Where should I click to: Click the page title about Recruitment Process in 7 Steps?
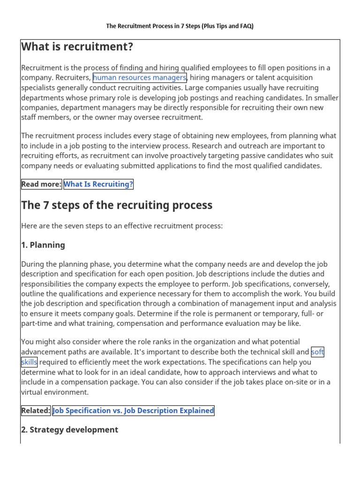[x=180, y=26]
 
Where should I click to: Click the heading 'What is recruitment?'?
[x=77, y=47]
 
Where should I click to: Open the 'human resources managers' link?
[x=140, y=78]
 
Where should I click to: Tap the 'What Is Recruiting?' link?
[x=98, y=184]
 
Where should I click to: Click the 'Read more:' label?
[x=41, y=184]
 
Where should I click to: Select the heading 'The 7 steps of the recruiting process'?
[x=117, y=205]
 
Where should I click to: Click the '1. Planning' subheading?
[x=43, y=245]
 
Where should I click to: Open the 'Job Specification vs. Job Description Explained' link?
[x=133, y=411]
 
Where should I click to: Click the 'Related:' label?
[x=36, y=411]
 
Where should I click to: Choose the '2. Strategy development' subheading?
[x=69, y=430]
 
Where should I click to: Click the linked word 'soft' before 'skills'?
[x=317, y=352]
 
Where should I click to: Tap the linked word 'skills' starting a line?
[x=29, y=362]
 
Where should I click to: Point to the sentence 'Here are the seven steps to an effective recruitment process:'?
[x=122, y=226]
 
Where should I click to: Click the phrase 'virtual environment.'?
[x=54, y=392]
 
